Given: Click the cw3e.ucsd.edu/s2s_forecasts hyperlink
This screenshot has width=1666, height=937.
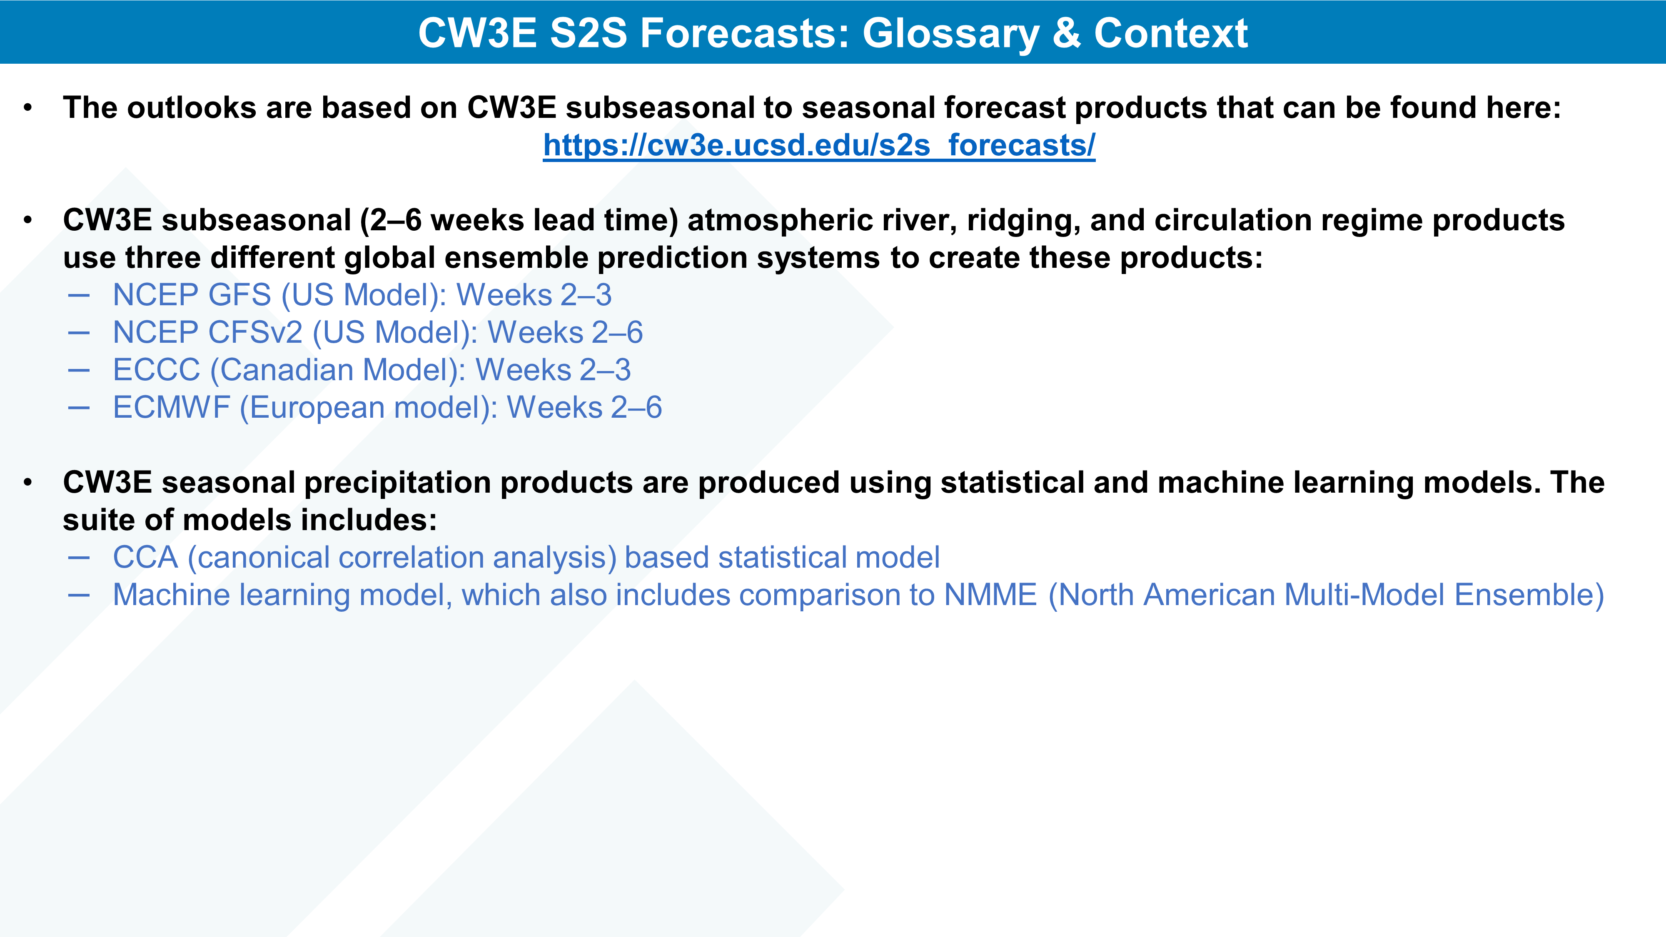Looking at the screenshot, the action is (819, 145).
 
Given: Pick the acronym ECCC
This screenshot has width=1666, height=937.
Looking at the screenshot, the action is (157, 370).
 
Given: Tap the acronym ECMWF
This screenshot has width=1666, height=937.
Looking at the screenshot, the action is (171, 407).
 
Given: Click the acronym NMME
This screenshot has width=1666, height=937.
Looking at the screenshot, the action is (991, 595).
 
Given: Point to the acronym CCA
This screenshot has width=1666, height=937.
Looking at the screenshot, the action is (145, 558).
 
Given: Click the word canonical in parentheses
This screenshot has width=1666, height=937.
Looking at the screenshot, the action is (262, 558).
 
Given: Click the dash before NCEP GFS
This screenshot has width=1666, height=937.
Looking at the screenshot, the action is (79, 296).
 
